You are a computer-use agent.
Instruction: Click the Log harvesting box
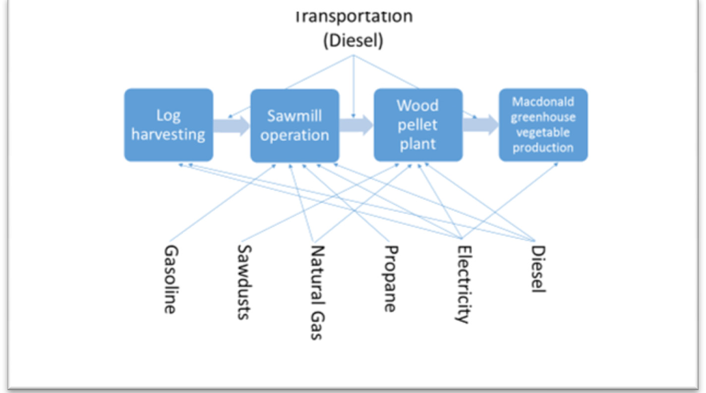point(169,125)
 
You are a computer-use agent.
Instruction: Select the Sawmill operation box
point(294,125)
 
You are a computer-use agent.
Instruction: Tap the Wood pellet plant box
point(418,125)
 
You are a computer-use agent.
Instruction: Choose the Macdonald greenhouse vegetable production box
point(543,125)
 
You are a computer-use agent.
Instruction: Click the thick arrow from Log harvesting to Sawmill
point(232,126)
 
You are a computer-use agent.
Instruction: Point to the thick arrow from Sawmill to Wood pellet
point(356,125)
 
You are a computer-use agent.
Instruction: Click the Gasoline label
point(170,279)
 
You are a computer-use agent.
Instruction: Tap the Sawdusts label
point(243,281)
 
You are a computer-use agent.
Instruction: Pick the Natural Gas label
point(317,292)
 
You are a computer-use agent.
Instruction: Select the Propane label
point(390,279)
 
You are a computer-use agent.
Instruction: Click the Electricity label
point(463,283)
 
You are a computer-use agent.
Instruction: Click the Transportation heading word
point(353,16)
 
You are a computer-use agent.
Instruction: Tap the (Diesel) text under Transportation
point(353,41)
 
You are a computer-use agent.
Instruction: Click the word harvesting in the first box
point(169,134)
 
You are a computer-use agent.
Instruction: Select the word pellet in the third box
point(417,125)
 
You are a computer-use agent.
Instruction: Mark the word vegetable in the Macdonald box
point(543,132)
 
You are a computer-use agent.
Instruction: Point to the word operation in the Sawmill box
point(294,135)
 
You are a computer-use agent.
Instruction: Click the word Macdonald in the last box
point(543,102)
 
